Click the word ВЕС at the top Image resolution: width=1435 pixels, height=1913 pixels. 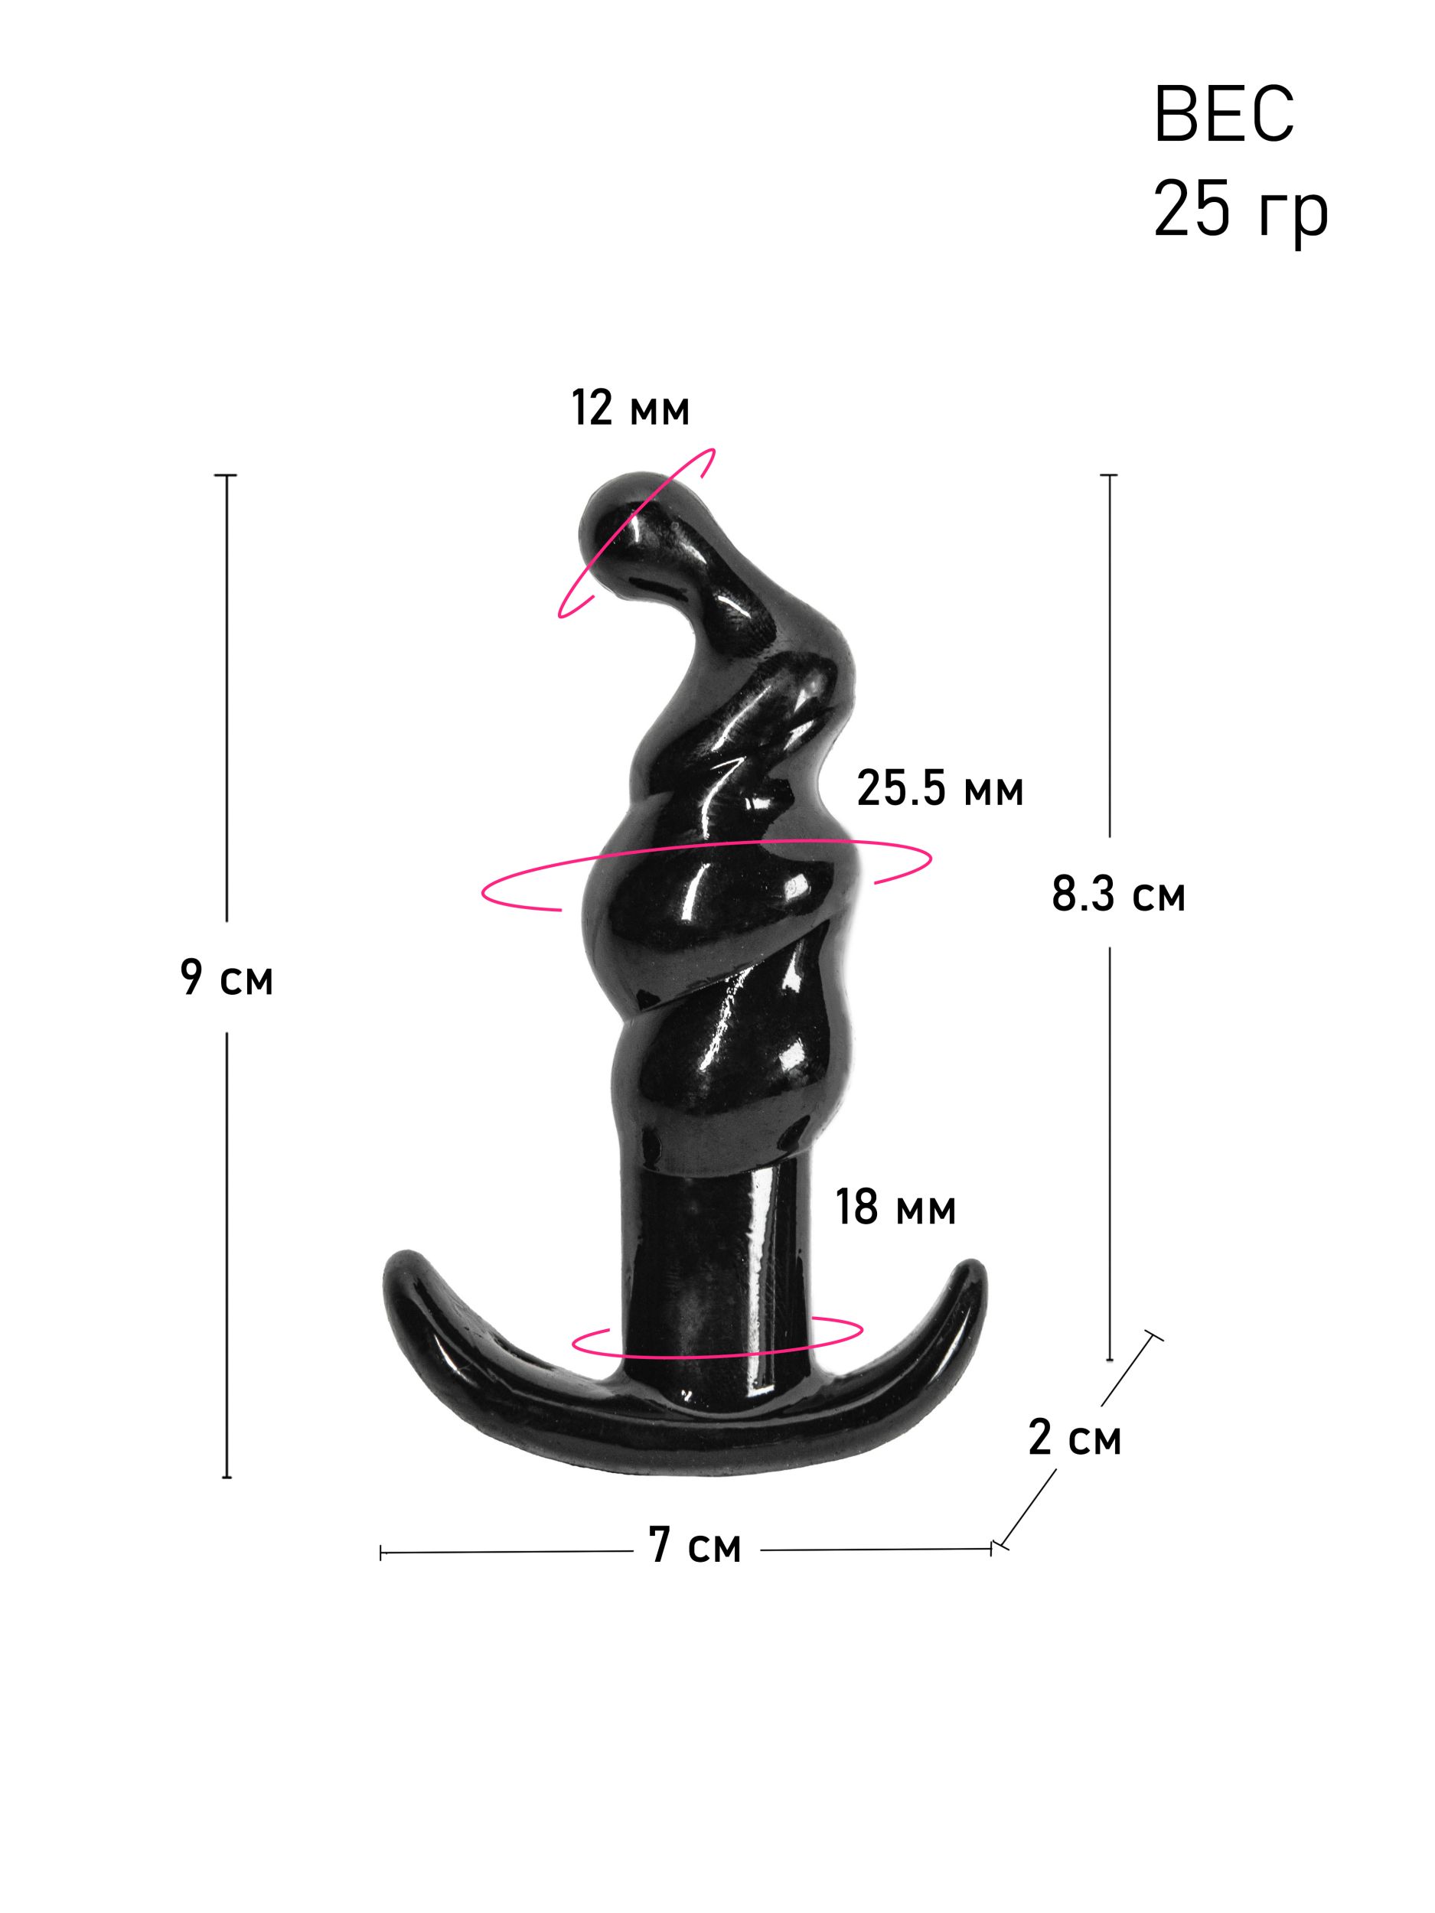tap(1223, 114)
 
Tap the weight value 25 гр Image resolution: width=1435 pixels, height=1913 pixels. tap(1240, 211)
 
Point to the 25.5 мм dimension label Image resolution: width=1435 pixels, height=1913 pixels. tap(939, 789)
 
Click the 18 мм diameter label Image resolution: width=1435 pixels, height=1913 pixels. tap(895, 1207)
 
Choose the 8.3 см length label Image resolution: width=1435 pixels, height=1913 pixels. tap(1117, 895)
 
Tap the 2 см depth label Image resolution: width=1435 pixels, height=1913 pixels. tap(1075, 1437)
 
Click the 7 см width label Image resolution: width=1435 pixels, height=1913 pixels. tap(695, 1546)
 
